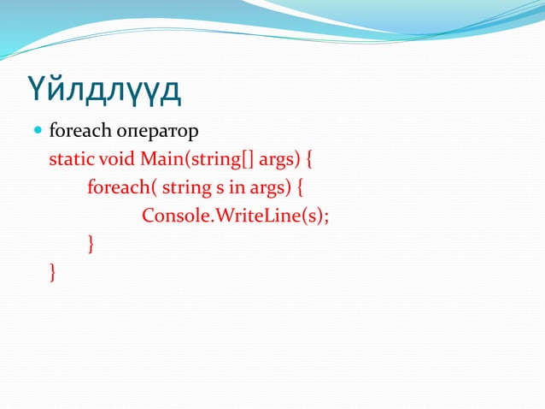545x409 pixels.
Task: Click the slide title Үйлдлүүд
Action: click(x=105, y=90)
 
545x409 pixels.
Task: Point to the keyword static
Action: click(x=72, y=160)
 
